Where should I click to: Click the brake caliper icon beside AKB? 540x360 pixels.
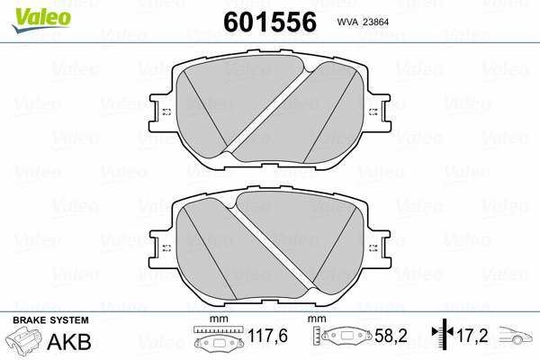(x=25, y=343)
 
